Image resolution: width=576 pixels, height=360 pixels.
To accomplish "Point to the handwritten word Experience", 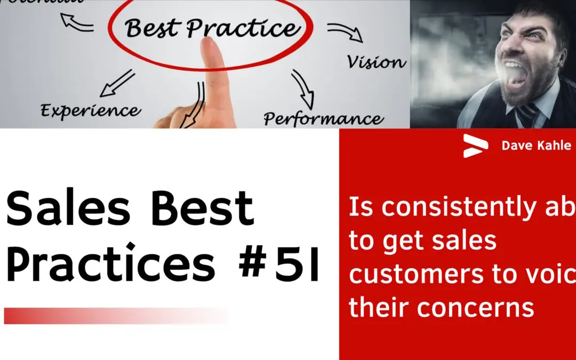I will [91, 111].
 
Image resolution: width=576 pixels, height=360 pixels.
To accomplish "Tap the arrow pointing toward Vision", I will [345, 33].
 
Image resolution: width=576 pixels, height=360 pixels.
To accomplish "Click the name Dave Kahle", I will [536, 146].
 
